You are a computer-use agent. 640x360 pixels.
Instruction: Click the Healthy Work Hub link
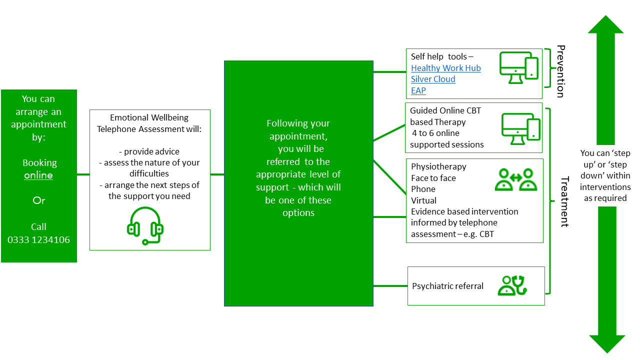(x=445, y=68)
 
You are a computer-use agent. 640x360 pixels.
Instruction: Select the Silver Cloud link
(x=433, y=79)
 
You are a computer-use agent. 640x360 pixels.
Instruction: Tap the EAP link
(x=418, y=90)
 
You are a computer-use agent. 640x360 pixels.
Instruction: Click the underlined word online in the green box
(x=38, y=175)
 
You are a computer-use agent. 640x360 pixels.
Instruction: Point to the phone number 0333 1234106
(x=38, y=239)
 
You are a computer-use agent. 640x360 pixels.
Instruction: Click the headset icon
(x=145, y=226)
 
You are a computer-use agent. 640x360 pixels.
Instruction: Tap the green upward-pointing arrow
(x=606, y=80)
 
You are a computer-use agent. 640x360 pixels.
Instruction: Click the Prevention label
(x=560, y=71)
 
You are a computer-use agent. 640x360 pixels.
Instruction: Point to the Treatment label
(x=564, y=201)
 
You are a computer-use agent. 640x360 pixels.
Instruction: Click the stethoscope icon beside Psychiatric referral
(x=513, y=285)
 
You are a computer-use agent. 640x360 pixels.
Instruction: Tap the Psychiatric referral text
(x=447, y=286)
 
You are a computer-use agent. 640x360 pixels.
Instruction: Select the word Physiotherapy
(x=438, y=166)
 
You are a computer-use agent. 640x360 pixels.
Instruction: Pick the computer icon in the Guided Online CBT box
(x=520, y=127)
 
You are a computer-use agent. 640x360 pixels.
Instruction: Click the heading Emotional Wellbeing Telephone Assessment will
(x=149, y=123)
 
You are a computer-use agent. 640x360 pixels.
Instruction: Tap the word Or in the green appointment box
(x=38, y=200)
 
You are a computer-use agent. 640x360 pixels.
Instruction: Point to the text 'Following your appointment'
(x=298, y=129)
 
